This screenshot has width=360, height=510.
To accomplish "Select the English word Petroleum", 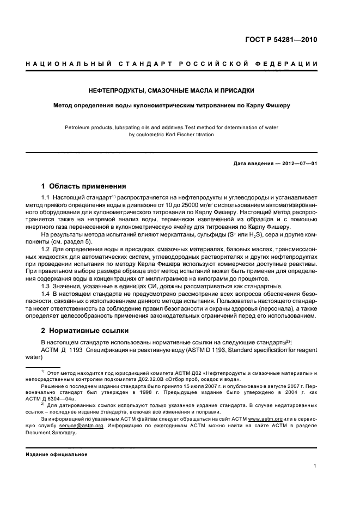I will [x=79, y=127].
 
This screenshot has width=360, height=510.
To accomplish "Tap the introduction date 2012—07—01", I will [x=297, y=162].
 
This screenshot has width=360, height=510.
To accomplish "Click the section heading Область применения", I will [x=88, y=185].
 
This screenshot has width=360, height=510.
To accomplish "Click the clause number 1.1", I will [x=46, y=197].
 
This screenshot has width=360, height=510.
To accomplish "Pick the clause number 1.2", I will [x=46, y=249].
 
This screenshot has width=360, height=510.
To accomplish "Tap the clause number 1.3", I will [x=46, y=286].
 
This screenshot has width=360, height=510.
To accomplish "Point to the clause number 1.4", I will [x=46, y=294].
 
